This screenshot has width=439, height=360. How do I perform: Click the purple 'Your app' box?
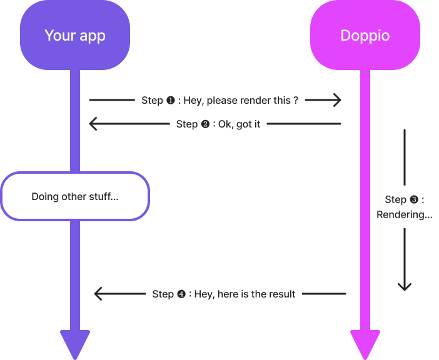75,36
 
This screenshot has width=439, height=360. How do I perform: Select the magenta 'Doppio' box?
365,36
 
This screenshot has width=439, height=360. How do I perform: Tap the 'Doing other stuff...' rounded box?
75,196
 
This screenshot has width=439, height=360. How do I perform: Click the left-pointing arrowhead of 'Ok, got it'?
93,124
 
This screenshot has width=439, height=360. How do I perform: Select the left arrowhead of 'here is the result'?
98,294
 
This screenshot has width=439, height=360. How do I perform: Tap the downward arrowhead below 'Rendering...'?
405,286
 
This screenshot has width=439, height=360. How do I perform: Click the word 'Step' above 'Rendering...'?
395,199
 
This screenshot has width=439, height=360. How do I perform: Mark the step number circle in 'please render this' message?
170,100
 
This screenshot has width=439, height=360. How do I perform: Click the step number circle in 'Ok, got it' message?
204,124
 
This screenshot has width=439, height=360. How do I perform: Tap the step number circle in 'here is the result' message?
181,294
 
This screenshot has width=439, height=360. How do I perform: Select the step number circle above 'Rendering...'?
413,199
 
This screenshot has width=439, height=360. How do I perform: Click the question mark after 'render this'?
296,100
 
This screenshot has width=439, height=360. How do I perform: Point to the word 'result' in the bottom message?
282,294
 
